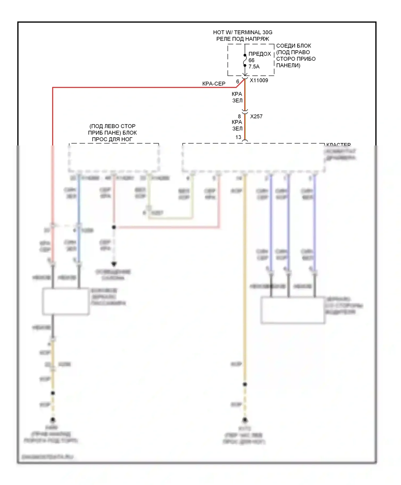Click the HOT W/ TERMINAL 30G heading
[x=242, y=32]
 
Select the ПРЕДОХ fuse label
[x=260, y=54]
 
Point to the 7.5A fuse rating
[x=254, y=67]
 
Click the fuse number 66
[x=251, y=60]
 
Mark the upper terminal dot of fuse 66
[x=245, y=55]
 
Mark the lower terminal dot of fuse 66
[x=245, y=65]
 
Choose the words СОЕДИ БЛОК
[x=294, y=46]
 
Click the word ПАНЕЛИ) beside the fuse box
[x=288, y=66]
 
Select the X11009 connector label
[x=259, y=80]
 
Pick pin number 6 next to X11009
[x=238, y=82]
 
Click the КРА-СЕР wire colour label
[x=214, y=84]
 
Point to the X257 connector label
[x=256, y=117]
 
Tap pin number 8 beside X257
[x=239, y=117]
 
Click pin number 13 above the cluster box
[x=238, y=137]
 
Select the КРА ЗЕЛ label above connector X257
[x=237, y=97]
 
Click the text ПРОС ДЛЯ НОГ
[x=112, y=139]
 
